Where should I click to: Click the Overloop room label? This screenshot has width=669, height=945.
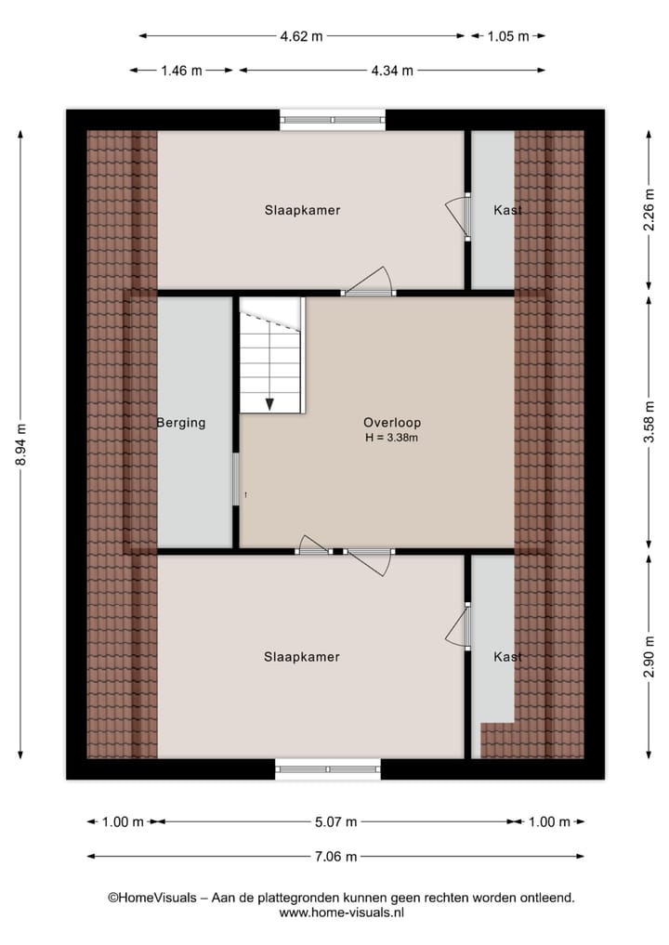[x=392, y=422]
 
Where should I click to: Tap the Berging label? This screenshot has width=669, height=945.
[x=180, y=423]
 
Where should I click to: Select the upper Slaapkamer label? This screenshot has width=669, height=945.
[x=302, y=210]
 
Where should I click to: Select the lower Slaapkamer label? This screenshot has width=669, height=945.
[x=302, y=657]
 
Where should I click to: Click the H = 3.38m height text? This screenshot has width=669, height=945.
[x=392, y=437]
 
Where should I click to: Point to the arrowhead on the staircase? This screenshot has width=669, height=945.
[x=269, y=403]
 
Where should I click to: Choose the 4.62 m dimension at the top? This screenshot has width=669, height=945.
[x=302, y=36]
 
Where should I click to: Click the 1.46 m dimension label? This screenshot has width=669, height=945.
[x=181, y=70]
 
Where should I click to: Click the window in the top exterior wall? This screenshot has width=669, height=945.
[x=333, y=119]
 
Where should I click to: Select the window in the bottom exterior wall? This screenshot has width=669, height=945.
[x=328, y=768]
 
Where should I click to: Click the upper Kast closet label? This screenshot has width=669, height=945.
[x=507, y=210]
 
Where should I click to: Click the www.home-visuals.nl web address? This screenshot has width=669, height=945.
[x=341, y=913]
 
